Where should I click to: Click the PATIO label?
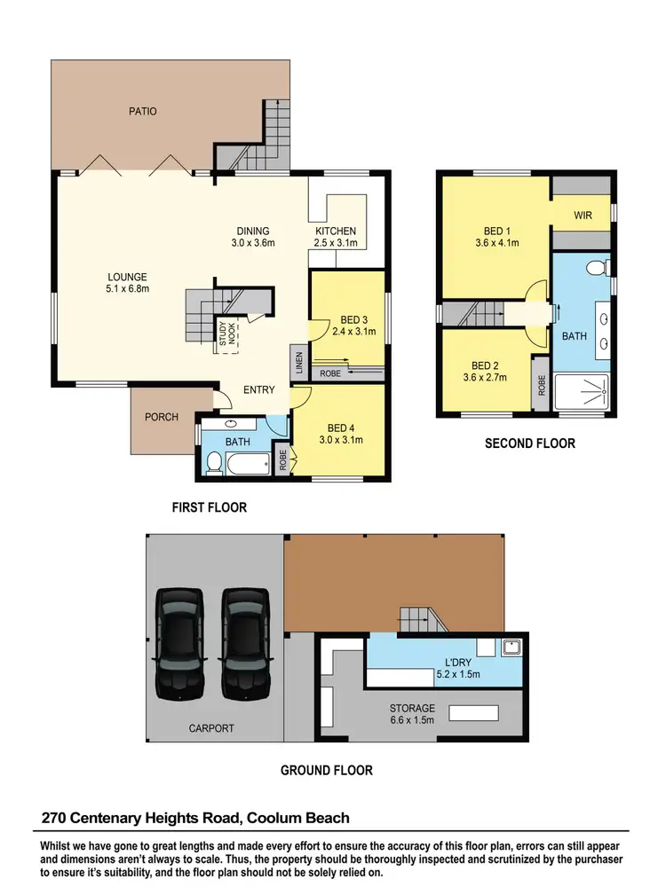click(141, 112)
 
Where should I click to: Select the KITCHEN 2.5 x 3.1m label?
click(336, 237)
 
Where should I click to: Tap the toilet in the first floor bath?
click(214, 461)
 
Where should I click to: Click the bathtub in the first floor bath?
click(247, 462)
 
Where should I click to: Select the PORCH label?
click(162, 417)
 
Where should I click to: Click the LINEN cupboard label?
click(297, 361)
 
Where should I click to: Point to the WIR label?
click(583, 215)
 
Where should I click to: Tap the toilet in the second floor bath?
click(597, 267)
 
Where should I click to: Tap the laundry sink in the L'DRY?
click(511, 648)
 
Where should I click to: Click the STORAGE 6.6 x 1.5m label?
click(412, 714)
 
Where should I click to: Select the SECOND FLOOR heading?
click(529, 443)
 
